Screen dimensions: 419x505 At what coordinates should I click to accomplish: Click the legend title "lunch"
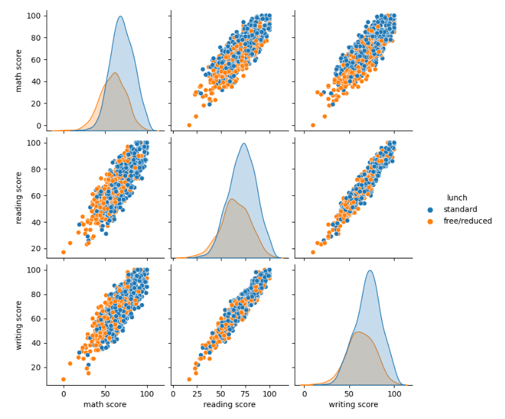point(456,198)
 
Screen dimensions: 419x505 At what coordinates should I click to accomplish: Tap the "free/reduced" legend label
point(470,221)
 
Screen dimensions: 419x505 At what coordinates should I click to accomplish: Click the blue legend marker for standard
point(430,209)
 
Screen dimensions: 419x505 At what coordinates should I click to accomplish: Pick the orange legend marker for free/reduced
point(430,221)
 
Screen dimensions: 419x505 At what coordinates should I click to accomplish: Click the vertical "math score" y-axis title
point(19,71)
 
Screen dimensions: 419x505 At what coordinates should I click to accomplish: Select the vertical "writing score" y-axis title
point(19,324)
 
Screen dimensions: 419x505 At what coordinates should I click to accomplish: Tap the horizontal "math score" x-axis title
point(105,405)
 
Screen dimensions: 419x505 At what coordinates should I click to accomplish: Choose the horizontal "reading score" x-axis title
point(230,405)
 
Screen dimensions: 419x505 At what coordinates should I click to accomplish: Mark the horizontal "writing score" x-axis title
point(353,405)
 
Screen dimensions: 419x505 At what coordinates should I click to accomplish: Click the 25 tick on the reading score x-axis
point(198,394)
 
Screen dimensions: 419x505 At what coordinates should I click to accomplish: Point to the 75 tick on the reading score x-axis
point(246,394)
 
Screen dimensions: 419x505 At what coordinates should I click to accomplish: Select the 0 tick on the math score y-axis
point(39,125)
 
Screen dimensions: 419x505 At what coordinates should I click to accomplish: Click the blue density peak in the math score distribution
point(120,17)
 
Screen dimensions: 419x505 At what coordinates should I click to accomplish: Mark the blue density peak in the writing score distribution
point(370,270)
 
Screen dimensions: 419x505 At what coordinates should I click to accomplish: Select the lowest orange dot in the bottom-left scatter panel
point(63,379)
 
